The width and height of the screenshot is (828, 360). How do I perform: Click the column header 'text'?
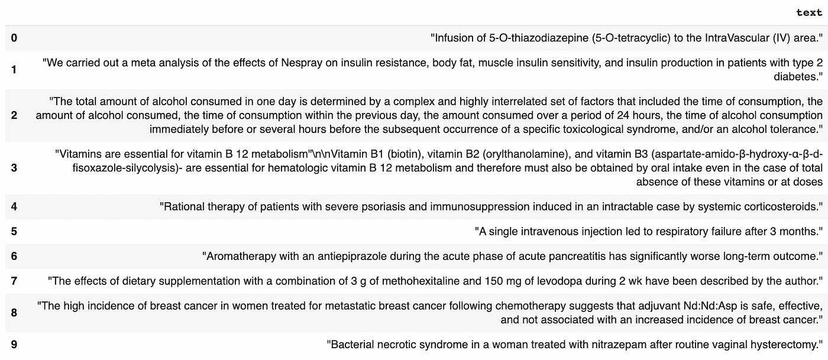[x=809, y=12]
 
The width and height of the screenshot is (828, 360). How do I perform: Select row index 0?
[x=14, y=38]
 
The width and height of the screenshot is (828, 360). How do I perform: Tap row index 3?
[x=14, y=167]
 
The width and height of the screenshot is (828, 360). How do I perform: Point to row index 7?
[x=14, y=281]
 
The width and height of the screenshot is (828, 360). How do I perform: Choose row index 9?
[x=14, y=343]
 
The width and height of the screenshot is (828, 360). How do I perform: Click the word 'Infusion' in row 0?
[x=454, y=38]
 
